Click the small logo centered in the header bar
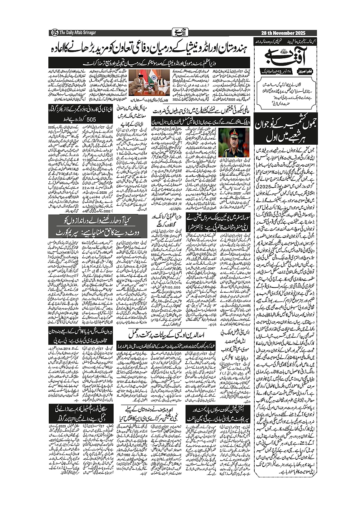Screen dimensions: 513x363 pos(177,33)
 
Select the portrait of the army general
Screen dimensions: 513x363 pos(235,142)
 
